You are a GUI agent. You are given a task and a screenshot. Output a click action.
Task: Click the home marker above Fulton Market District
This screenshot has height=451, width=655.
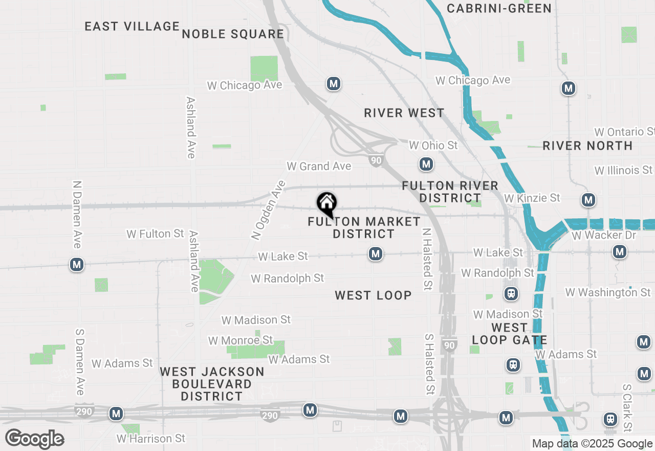pyautogui.click(x=326, y=204)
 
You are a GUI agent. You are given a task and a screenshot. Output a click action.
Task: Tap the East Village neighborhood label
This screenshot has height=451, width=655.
pyautogui.click(x=132, y=26)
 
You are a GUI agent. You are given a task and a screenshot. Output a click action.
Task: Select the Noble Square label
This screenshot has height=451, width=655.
pyautogui.click(x=233, y=34)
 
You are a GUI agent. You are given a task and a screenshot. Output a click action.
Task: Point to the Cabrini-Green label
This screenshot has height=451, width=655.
pyautogui.click(x=499, y=8)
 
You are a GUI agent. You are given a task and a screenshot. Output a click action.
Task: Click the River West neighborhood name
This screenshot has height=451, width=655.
pyautogui.click(x=404, y=113)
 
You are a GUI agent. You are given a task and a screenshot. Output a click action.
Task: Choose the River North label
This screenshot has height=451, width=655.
pyautogui.click(x=587, y=146)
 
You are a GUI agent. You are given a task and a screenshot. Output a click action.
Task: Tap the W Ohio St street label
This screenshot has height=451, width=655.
pyautogui.click(x=433, y=146)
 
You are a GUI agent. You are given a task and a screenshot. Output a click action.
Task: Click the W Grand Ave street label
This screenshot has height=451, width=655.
pyautogui.click(x=319, y=166)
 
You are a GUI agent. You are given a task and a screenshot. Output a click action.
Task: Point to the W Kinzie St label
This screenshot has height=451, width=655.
pyautogui.click(x=532, y=198)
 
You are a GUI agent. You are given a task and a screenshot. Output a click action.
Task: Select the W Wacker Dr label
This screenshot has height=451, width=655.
pyautogui.click(x=604, y=235)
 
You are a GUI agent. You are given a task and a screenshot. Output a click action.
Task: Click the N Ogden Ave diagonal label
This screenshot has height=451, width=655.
pyautogui.click(x=268, y=210)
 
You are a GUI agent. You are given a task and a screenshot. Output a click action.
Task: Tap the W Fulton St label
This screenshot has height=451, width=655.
pyautogui.click(x=155, y=234)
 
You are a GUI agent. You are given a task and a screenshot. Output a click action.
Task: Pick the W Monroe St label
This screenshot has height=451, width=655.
pyautogui.click(x=240, y=340)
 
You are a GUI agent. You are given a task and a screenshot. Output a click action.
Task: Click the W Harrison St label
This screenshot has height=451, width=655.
pyautogui.click(x=151, y=439)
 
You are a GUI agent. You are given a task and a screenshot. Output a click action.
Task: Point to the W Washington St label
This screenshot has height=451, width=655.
pyautogui.click(x=608, y=292)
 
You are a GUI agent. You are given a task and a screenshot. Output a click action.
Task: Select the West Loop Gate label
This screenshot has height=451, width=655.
pyautogui.click(x=509, y=334)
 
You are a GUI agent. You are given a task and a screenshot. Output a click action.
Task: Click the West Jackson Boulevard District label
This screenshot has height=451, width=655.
pyautogui.click(x=212, y=384)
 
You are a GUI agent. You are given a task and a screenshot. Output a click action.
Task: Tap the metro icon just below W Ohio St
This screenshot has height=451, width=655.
pyautogui.click(x=426, y=165)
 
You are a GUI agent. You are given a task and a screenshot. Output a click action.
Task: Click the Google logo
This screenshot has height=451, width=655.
pyautogui.click(x=34, y=439)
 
